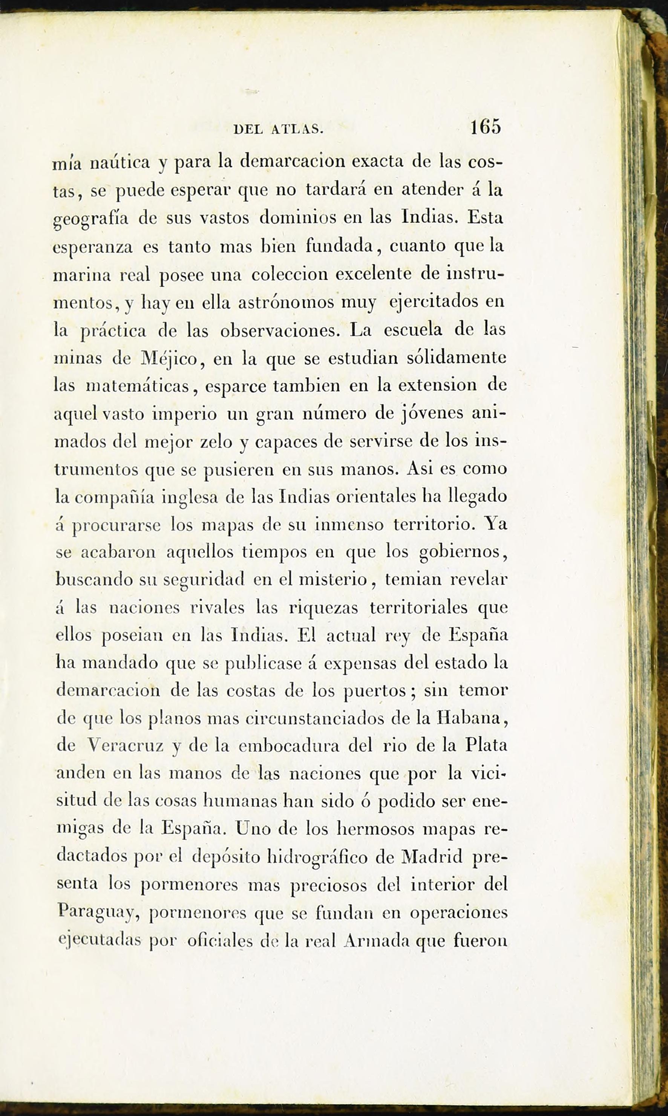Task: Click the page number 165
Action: pyautogui.click(x=485, y=127)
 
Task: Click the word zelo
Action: pyautogui.click(x=215, y=441)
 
